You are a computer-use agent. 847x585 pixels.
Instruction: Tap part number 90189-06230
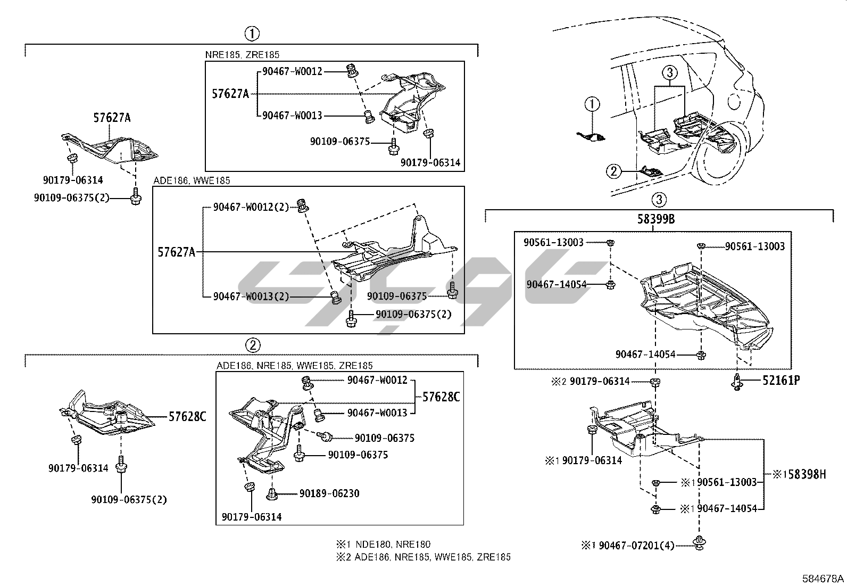coord(329,493)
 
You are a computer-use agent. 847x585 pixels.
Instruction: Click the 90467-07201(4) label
coord(636,545)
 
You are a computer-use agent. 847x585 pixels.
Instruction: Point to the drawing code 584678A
coord(823,578)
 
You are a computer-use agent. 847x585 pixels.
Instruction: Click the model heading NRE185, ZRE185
coord(242,54)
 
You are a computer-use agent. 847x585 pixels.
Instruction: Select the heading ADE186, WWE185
coord(192,180)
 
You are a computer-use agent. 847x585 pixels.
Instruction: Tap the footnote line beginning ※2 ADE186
coord(422,557)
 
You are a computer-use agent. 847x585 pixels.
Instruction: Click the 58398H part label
coord(807,474)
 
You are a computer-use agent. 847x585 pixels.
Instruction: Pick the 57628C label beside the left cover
coord(187,416)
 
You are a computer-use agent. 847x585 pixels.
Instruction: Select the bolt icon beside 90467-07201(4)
coord(697,543)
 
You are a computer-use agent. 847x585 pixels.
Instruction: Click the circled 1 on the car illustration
coord(592,104)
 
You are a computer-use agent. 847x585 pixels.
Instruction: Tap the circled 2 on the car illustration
coord(613,171)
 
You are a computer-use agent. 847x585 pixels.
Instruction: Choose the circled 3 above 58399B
coord(659,200)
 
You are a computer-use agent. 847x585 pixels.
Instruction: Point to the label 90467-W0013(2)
coord(251,296)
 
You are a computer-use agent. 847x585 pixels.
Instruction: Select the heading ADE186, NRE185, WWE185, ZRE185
coord(295,366)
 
